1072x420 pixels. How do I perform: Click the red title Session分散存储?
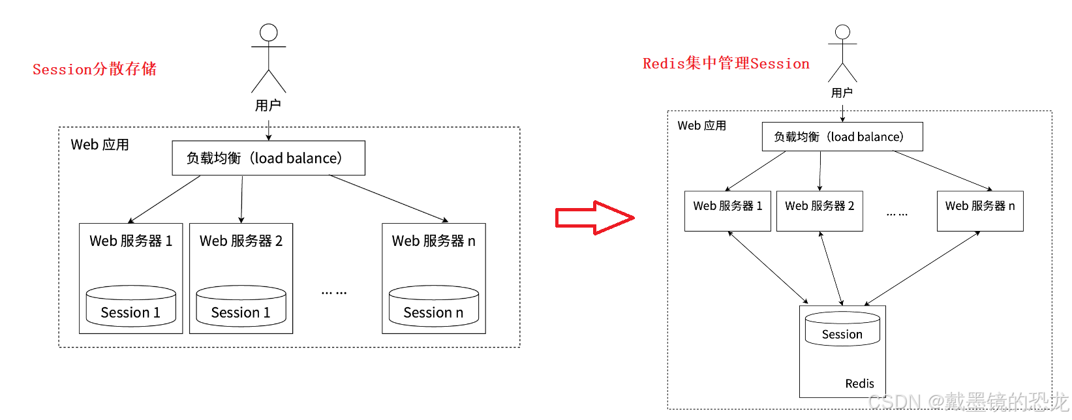tap(95, 69)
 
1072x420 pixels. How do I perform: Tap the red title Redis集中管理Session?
tap(726, 63)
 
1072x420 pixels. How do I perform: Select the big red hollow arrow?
tap(594, 217)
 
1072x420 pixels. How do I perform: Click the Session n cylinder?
tap(434, 306)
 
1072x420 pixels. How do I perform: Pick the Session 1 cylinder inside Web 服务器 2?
tap(241, 306)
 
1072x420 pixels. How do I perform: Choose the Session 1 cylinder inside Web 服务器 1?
tap(131, 306)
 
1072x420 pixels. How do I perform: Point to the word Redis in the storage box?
tap(859, 383)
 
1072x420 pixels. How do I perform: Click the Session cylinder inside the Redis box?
tap(842, 329)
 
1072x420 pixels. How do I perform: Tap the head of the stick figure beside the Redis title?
tap(842, 32)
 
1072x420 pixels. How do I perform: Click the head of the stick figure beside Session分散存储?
tap(268, 32)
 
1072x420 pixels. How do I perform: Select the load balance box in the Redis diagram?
tap(842, 137)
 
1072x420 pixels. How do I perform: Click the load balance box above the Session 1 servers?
tap(268, 158)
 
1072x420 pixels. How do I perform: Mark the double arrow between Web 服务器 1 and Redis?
tap(768, 267)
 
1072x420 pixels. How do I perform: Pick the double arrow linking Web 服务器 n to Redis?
tap(922, 268)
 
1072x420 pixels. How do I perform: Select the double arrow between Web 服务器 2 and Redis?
tap(831, 268)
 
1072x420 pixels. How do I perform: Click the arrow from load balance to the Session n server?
tap(389, 199)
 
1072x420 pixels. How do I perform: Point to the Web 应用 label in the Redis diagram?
tap(701, 125)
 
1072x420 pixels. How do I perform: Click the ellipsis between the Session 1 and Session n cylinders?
tap(333, 293)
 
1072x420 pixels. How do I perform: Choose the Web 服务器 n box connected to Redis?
tap(979, 211)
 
